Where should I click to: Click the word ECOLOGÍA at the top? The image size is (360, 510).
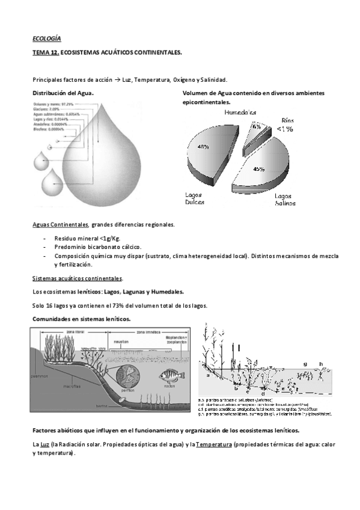tap(46, 38)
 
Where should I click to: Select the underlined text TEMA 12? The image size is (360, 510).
tap(46, 53)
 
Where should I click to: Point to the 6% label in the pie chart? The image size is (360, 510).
tap(257, 127)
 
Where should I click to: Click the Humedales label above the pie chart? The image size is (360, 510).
tap(240, 112)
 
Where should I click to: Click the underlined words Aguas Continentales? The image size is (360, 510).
tap(60, 225)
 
